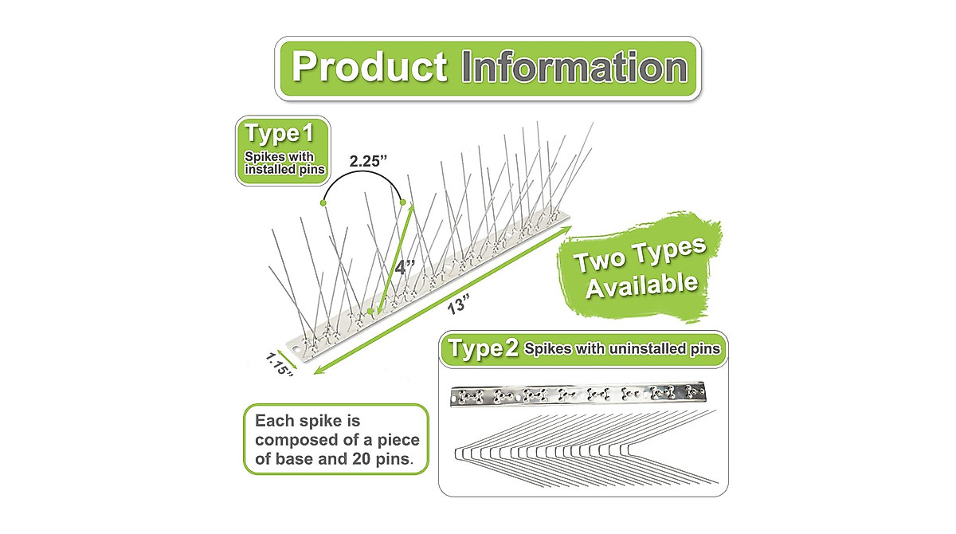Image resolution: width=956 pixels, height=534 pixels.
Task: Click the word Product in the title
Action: coord(368,67)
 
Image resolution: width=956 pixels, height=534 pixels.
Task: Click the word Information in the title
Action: coord(574,68)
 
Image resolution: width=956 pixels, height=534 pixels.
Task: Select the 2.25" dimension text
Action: coord(368,161)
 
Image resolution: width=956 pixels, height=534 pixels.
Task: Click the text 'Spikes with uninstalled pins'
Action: coord(623,349)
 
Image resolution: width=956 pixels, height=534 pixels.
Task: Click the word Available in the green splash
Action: coord(641,284)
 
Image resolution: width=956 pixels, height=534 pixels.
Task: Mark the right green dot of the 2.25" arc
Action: coord(403,202)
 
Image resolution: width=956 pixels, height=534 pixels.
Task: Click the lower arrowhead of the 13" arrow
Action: coord(317,369)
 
